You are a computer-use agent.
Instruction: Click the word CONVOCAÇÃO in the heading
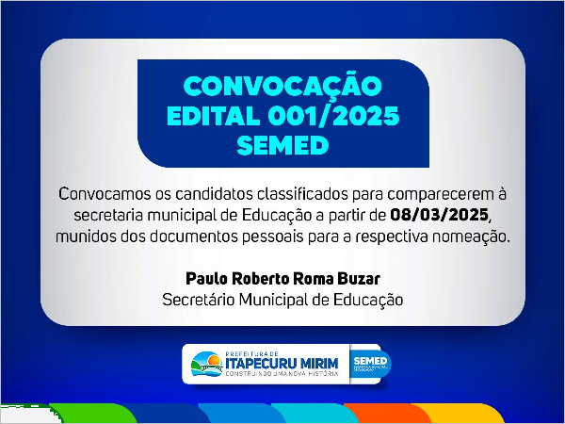tap(282, 87)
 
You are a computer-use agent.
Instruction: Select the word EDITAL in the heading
tap(214, 116)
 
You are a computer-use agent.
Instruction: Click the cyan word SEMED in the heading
tap(282, 145)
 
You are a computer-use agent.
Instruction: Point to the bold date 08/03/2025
tap(440, 215)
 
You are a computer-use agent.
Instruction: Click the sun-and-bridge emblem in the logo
tap(207, 364)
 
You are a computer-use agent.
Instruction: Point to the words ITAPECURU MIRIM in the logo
tap(282, 363)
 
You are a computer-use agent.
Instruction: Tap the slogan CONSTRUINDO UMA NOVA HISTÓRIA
tap(282, 374)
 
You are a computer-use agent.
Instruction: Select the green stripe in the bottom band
tap(92, 414)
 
